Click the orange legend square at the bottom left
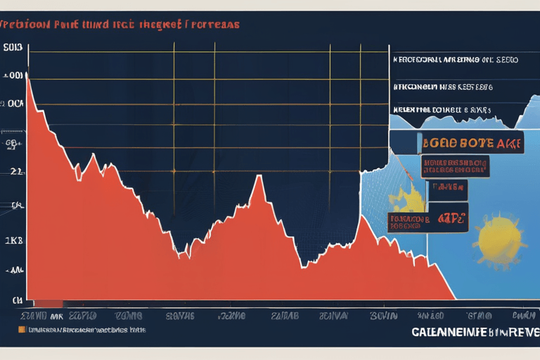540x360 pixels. click(21, 328)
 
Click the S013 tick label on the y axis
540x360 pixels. click(13, 49)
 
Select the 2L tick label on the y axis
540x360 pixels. click(13, 171)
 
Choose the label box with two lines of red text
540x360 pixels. click(455, 167)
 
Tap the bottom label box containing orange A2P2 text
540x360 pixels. click(428, 221)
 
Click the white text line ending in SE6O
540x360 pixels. click(456, 60)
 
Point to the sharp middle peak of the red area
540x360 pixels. click(259, 176)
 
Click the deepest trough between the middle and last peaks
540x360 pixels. click(303, 266)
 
